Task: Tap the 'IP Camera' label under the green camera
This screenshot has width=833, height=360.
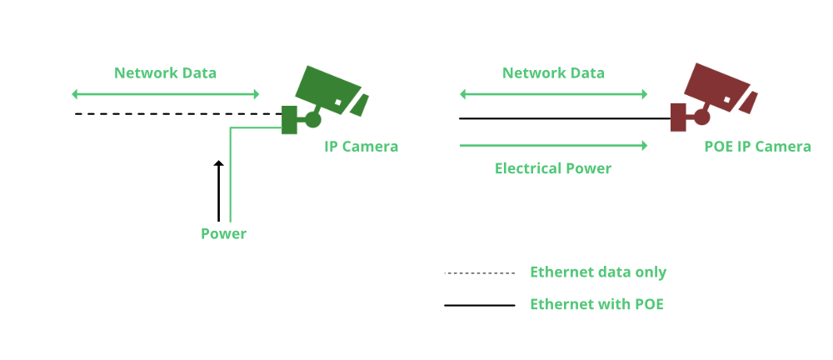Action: tap(361, 147)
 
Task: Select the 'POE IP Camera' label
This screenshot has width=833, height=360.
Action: tap(757, 147)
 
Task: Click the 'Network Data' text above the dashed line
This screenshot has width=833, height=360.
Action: tap(165, 72)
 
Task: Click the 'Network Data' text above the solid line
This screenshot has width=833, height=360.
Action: tap(553, 72)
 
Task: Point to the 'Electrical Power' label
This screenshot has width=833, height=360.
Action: tap(552, 168)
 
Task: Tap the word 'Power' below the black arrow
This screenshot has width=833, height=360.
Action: tap(223, 233)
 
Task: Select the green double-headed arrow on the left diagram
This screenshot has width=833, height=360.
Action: tap(166, 94)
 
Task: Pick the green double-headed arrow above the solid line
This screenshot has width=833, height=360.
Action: tap(553, 94)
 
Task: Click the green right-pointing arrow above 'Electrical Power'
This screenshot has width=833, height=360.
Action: tap(553, 145)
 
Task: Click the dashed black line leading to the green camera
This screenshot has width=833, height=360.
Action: tap(167, 113)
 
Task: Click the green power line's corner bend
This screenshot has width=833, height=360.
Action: tap(230, 128)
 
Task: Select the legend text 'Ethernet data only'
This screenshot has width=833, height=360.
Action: tap(598, 272)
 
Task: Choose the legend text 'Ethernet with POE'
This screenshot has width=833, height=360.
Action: tap(596, 304)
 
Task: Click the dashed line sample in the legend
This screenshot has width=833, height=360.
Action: tap(481, 273)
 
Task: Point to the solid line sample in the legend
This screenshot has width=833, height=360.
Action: tap(480, 305)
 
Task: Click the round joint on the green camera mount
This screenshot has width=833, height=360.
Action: tap(313, 119)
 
